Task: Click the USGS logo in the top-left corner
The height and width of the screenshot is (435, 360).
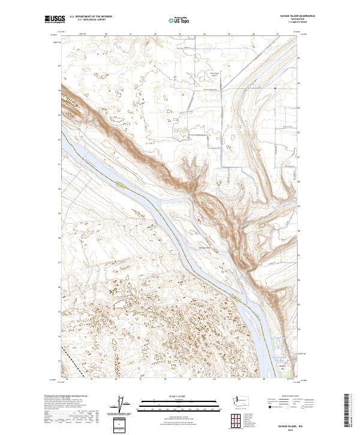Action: pyautogui.click(x=54, y=19)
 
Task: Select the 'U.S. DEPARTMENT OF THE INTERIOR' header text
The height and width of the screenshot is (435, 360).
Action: pyautogui.click(x=91, y=17)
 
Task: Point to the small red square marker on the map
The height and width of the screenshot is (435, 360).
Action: pyautogui.click(x=275, y=89)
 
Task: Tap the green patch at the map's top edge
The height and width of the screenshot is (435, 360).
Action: pyautogui.click(x=157, y=43)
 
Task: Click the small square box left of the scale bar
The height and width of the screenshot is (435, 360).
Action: pyautogui.click(x=122, y=425)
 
